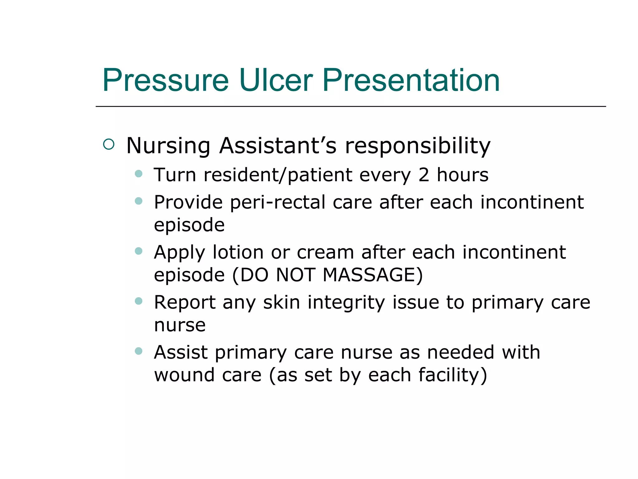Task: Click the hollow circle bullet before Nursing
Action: (x=109, y=144)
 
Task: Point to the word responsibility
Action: (x=417, y=146)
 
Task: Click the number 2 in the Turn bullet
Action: (x=424, y=175)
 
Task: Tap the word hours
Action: (x=463, y=175)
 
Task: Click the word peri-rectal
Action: (x=278, y=202)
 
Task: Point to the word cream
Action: (x=325, y=252)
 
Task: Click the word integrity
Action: (x=346, y=302)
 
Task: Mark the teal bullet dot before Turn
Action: (x=139, y=174)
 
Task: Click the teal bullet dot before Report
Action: (x=139, y=301)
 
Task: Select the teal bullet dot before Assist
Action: (x=139, y=351)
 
